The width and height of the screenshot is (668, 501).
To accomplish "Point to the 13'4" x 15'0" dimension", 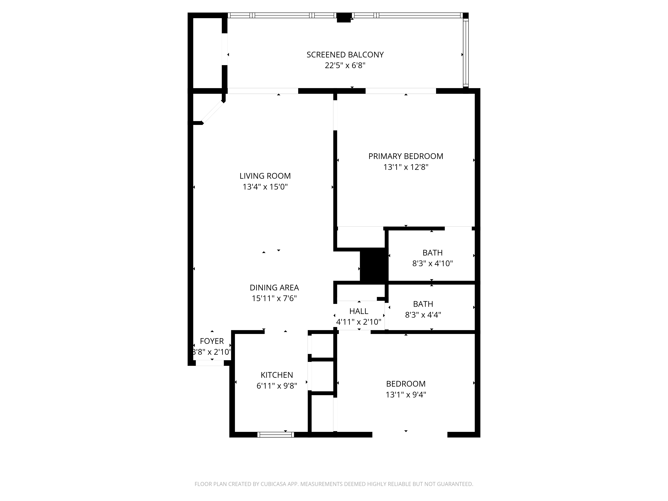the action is pyautogui.click(x=265, y=187).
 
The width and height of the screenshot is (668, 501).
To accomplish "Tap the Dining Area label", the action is pyautogui.click(x=274, y=288).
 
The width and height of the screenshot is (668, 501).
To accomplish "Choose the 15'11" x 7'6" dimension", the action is pyautogui.click(x=274, y=298).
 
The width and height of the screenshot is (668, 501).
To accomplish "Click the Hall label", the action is pyautogui.click(x=359, y=311).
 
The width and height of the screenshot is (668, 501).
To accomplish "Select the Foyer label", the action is pyautogui.click(x=212, y=341).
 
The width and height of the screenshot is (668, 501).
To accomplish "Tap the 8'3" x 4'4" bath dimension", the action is pyautogui.click(x=423, y=315).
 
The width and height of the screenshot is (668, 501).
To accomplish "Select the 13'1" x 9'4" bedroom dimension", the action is pyautogui.click(x=406, y=395).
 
